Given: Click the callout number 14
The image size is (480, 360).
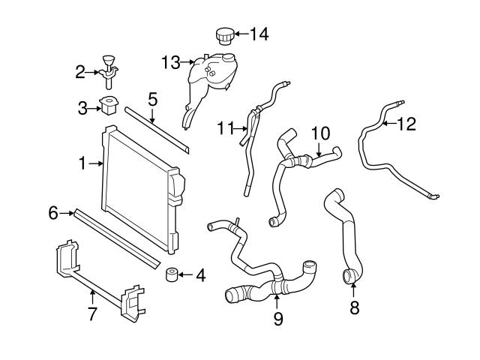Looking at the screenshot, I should tap(258, 33).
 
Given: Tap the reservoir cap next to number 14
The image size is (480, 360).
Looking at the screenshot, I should tap(224, 34).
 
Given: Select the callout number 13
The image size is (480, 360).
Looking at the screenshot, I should tap(171, 62).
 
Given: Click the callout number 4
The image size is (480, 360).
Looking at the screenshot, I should tap(200, 274).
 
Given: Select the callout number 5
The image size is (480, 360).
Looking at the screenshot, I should tap(152, 98).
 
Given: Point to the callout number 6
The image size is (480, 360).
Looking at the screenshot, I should tap(53, 213).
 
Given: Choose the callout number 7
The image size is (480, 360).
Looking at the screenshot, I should tap(92, 314).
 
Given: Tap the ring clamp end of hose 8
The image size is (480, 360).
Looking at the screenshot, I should tap(350, 278).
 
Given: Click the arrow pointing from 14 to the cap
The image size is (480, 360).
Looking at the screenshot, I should tap(242, 34).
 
